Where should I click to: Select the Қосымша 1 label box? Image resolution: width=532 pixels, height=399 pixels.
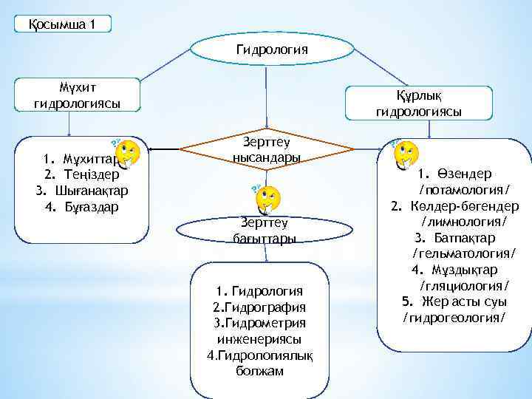click(62, 24)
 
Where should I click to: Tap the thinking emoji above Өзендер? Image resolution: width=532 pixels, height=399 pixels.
click(405, 154)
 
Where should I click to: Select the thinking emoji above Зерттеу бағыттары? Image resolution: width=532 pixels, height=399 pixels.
click(267, 198)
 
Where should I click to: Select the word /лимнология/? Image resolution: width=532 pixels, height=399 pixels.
click(463, 222)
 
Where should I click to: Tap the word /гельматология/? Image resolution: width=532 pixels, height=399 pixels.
click(463, 253)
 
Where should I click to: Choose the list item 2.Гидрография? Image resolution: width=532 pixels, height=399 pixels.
click(259, 307)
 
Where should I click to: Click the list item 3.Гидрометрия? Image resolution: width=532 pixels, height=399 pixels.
click(259, 323)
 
